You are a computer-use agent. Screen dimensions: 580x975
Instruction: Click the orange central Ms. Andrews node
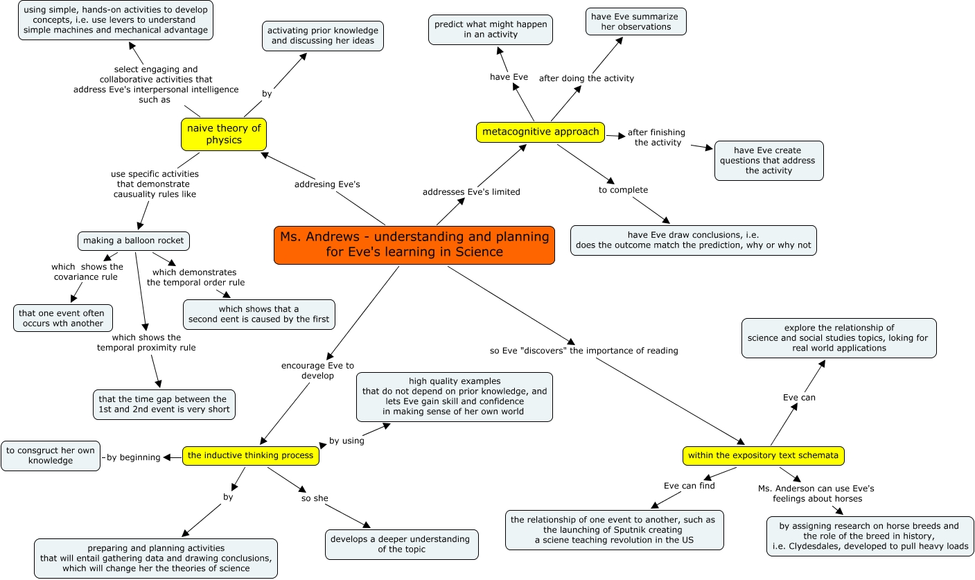click(x=414, y=245)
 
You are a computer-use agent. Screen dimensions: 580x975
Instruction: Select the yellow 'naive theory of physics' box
click(x=224, y=134)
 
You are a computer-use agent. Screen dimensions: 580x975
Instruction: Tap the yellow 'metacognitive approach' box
click(x=541, y=132)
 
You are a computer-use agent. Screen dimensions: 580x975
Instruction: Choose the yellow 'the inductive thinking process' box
click(x=251, y=455)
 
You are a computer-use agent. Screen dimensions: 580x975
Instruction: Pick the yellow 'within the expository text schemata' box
click(x=764, y=455)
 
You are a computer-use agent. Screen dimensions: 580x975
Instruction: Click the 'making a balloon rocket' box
click(x=134, y=240)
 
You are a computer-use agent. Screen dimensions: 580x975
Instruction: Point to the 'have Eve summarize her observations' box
click(x=635, y=21)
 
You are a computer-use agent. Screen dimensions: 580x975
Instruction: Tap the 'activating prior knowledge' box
click(x=323, y=35)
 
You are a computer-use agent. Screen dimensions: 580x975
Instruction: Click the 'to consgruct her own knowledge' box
click(x=51, y=455)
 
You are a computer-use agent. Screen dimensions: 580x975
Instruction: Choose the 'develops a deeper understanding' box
click(x=402, y=544)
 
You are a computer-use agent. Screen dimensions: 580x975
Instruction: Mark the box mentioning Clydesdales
click(x=870, y=536)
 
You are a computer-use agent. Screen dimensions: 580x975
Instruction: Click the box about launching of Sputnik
click(x=614, y=530)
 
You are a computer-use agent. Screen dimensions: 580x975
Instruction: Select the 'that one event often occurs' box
click(x=62, y=318)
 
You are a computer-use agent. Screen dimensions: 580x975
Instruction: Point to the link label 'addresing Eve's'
click(x=327, y=184)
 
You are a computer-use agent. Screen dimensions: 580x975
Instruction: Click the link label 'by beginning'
click(x=133, y=457)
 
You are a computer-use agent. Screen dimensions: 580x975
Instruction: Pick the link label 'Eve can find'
click(x=689, y=486)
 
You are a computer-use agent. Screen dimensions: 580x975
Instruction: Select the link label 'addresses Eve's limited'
click(x=471, y=192)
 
